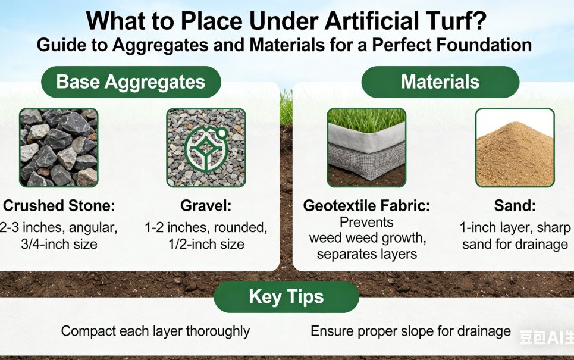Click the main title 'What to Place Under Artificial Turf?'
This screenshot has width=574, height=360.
[286, 21]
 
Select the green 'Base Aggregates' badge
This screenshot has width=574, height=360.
[130, 82]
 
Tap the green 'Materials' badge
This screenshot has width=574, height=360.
[440, 82]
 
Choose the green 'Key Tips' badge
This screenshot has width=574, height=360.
[286, 297]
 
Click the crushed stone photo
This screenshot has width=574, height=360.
[58, 148]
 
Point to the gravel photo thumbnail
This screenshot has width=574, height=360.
[206, 148]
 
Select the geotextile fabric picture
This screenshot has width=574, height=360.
[366, 148]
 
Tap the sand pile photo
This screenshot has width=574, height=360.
[515, 148]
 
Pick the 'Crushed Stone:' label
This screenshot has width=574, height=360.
[58, 206]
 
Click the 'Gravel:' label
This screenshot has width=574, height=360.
[206, 206]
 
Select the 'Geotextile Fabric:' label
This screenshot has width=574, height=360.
[366, 206]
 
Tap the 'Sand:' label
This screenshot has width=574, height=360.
[515, 206]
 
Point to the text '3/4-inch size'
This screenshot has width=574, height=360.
[58, 244]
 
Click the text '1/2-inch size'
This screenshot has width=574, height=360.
[206, 244]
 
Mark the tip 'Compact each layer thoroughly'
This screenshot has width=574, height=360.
[155, 331]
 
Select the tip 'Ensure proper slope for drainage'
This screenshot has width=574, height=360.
[410, 331]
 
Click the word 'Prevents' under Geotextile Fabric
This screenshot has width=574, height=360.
[366, 223]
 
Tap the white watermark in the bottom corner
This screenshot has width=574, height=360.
[545, 337]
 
